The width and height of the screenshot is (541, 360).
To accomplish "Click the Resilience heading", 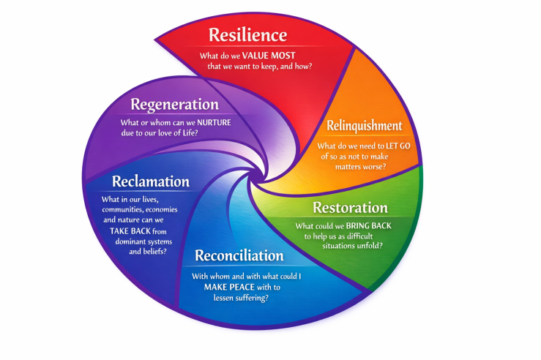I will coord(247,34).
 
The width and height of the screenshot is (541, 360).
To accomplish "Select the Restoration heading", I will coord(350,207).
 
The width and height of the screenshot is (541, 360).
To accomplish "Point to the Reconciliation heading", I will coord(239,256).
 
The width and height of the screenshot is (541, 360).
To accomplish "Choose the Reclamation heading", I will coord(151,181).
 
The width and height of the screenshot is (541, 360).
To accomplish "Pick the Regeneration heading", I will coord(175,105).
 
